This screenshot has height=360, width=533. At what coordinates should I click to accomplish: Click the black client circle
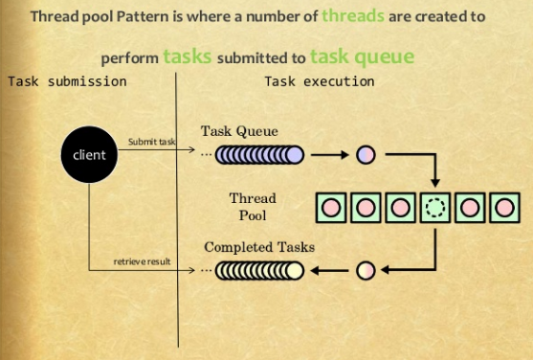tap(89, 154)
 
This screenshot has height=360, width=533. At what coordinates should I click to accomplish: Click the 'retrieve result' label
tap(144, 261)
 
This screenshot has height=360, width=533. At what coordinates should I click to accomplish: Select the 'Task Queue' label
tap(240, 130)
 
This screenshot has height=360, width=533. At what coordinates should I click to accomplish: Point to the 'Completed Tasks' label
tap(259, 247)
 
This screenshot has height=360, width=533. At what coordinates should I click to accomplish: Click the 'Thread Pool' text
tap(253, 206)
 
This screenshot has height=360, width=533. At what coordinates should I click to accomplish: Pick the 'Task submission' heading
tap(67, 81)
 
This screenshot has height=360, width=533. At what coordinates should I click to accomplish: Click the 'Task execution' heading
tap(320, 81)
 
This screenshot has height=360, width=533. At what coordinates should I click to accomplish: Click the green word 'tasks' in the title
tap(188, 56)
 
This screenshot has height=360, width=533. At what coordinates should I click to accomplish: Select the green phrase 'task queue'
tap(362, 56)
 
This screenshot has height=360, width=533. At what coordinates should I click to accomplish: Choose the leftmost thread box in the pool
tap(331, 207)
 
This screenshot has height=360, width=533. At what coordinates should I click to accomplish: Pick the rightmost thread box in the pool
tap(503, 207)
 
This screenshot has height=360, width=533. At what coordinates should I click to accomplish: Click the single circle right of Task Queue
tap(366, 154)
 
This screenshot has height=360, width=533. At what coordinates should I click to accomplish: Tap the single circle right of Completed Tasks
tap(365, 271)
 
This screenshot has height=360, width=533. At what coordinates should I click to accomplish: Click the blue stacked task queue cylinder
tap(259, 154)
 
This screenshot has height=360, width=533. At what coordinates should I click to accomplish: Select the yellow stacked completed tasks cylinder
tap(259, 271)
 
